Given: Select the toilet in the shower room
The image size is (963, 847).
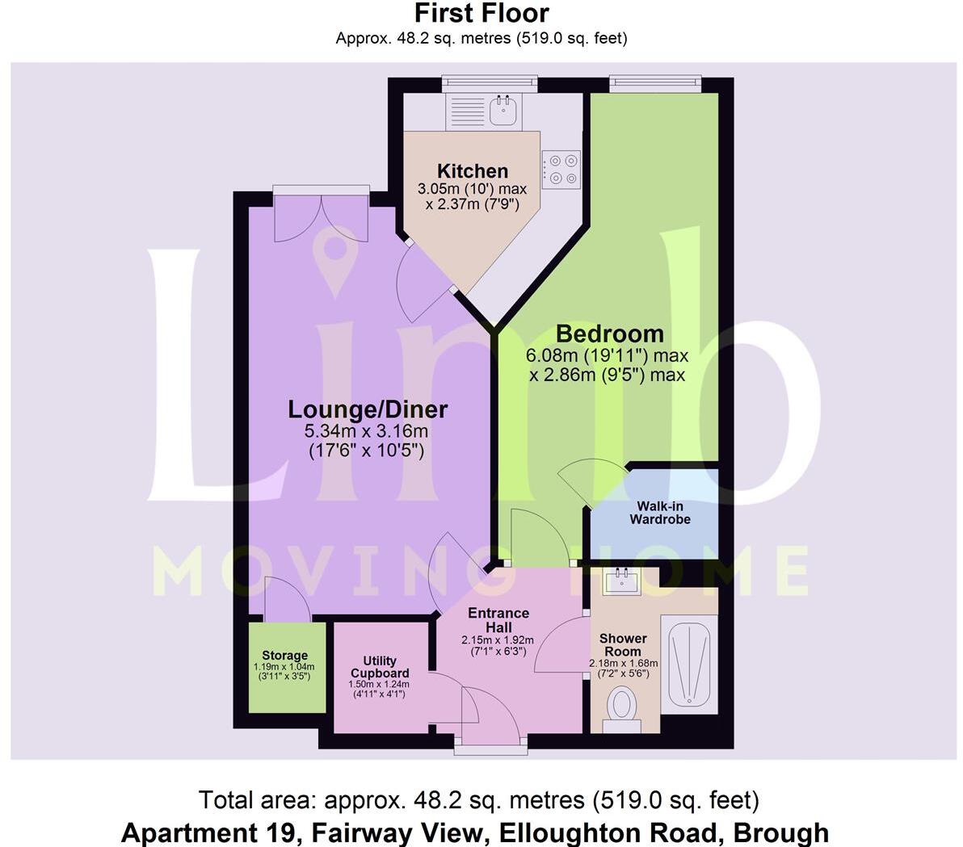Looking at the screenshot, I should pos(621,705).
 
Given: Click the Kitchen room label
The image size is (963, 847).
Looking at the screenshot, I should pos(473,171).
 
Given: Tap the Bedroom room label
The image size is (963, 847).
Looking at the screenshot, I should pos(609,333).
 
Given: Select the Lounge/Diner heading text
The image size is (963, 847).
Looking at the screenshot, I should pos(368,409).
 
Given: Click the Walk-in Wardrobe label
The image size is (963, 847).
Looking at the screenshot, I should pos(660,513).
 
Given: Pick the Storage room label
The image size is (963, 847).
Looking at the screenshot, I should pos(284,656).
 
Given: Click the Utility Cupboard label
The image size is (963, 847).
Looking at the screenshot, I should pos(380,667).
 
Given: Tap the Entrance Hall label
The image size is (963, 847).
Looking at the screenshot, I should pos(498,620).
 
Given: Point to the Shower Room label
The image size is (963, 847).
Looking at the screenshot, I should pos(623,644).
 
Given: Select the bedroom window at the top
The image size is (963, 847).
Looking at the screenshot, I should pos(654,81).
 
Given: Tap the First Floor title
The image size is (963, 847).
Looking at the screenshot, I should pos(481,13).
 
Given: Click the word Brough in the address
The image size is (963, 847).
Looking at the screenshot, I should pos(784,832).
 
